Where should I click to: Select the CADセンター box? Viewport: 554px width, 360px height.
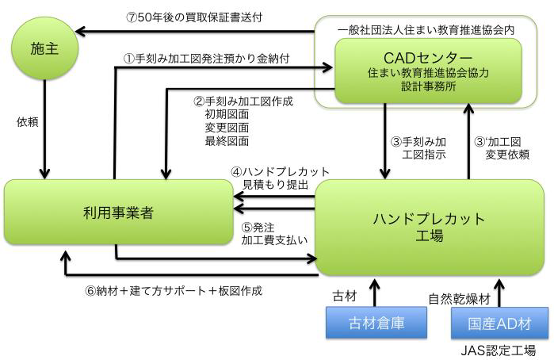[428, 71]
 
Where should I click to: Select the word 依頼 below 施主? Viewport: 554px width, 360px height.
[27, 122]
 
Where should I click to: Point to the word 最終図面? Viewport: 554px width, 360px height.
[226, 141]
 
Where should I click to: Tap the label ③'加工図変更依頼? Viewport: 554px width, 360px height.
[501, 148]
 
